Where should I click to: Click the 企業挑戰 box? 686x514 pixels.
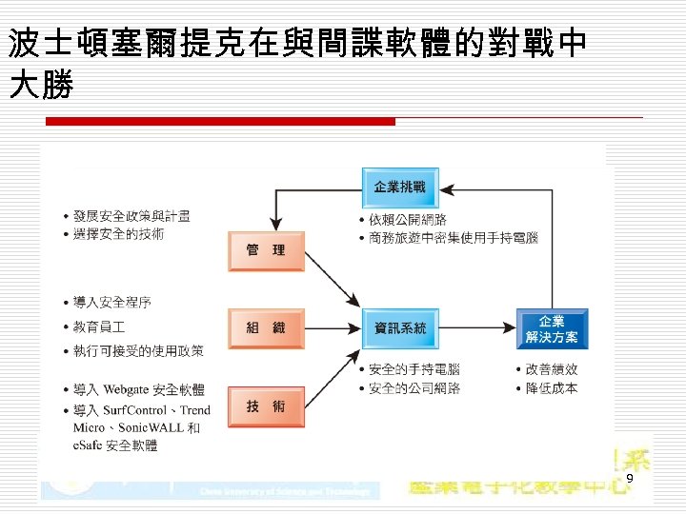pos(399,187)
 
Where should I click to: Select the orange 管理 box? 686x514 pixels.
pos(266,250)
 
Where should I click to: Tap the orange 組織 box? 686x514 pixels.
pos(266,328)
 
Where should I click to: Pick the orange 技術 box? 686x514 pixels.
pos(266,406)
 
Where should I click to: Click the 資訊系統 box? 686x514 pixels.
pos(399,328)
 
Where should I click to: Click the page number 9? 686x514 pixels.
pos(630,478)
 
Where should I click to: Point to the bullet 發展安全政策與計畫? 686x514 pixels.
pos(131,216)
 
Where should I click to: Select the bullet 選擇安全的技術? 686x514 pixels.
pos(118,234)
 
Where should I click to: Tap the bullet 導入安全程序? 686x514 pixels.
pos(111,302)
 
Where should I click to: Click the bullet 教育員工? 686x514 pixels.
pos(99,326)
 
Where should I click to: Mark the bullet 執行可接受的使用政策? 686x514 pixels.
pos(138,350)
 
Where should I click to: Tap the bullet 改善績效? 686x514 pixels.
pos(552,369)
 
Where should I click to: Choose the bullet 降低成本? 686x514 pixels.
pos(552,388)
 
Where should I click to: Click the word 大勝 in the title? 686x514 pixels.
pos(40,86)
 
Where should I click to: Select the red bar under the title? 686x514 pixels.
pos(221,122)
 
